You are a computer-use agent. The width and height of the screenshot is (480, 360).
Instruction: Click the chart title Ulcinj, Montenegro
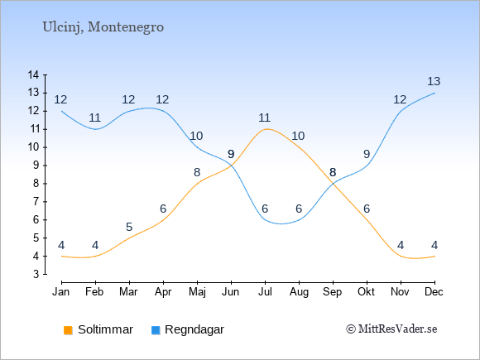pyautogui.click(x=103, y=27)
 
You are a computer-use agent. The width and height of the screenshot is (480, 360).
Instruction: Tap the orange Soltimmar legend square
pyautogui.click(x=68, y=330)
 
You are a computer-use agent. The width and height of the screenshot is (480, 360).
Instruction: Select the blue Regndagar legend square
pyautogui.click(x=156, y=330)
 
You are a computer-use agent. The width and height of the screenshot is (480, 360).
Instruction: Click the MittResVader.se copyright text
pyautogui.click(x=391, y=329)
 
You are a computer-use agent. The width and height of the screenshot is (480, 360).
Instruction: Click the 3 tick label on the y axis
pyautogui.click(x=36, y=274)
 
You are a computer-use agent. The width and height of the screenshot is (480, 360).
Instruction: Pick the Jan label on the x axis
pyautogui.click(x=61, y=292)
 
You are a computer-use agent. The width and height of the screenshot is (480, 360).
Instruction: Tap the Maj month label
pyautogui.click(x=197, y=292)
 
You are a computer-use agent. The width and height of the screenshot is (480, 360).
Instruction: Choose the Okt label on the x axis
pyautogui.click(x=366, y=292)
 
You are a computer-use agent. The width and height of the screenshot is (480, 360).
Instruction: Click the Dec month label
pyautogui.click(x=434, y=292)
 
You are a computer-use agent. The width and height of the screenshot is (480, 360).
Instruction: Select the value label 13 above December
pyautogui.click(x=434, y=81)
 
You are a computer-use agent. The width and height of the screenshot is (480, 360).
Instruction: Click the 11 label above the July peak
pyautogui.click(x=264, y=118)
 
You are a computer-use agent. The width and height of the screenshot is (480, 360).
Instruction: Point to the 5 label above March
pyautogui.click(x=129, y=227)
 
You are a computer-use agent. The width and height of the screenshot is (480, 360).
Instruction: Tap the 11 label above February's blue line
pyautogui.click(x=95, y=118)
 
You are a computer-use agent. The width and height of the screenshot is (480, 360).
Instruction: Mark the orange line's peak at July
pyautogui.click(x=265, y=129)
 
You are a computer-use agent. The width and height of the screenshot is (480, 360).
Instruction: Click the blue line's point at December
pyautogui.click(x=434, y=93)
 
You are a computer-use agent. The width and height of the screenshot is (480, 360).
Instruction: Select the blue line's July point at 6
pyautogui.click(x=265, y=220)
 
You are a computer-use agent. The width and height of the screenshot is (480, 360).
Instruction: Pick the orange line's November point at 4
pyautogui.click(x=401, y=256)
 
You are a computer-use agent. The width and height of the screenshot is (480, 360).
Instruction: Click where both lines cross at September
pyautogui.click(x=333, y=184)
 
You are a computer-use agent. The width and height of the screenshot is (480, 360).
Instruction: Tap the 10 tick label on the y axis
pyautogui.click(x=33, y=147)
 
